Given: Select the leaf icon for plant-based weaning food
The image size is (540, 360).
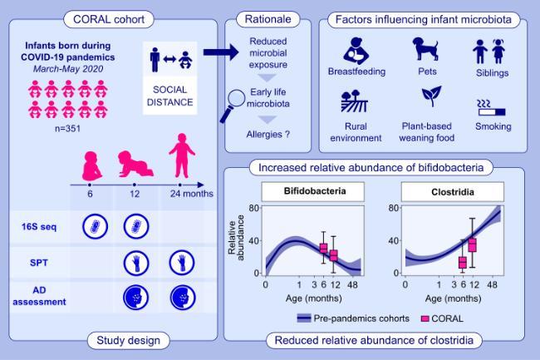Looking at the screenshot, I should coord(431,98).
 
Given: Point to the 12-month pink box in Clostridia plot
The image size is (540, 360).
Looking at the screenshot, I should coord(472,244).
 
